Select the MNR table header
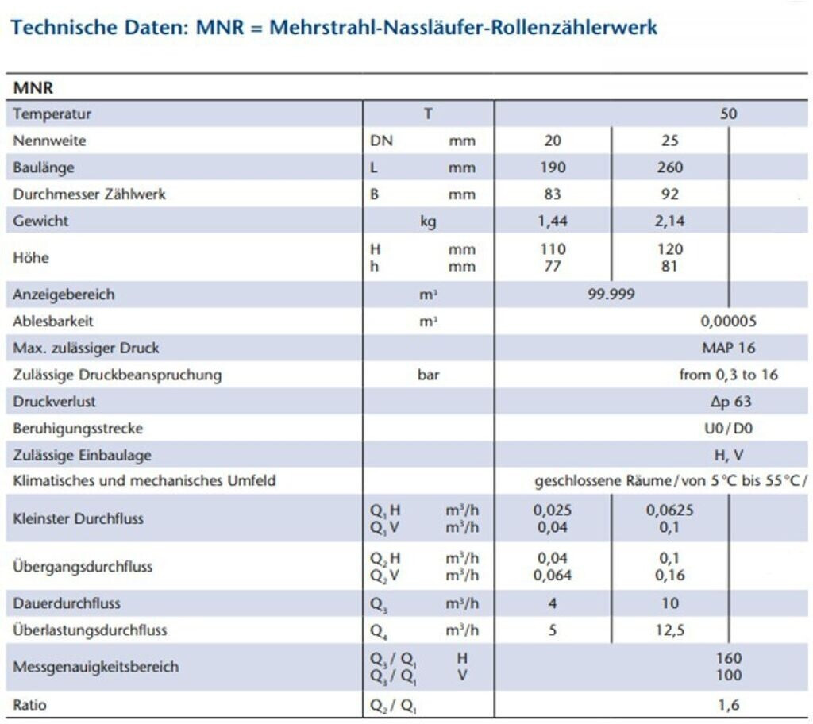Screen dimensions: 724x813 pyautogui.click(x=33, y=87)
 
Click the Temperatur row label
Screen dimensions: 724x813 pyautogui.click(x=52, y=114)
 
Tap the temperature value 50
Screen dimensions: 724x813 pyautogui.click(x=728, y=114)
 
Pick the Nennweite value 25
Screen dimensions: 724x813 pyautogui.click(x=669, y=141)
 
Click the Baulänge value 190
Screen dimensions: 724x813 pyautogui.click(x=553, y=168)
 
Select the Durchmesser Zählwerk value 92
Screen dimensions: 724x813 pyautogui.click(x=669, y=194)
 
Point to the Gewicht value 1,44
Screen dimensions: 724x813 pyautogui.click(x=553, y=221)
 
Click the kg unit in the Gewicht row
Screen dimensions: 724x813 pyautogui.click(x=428, y=221)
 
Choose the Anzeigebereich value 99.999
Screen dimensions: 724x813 pyautogui.click(x=611, y=295)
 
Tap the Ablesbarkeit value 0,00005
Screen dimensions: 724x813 pyautogui.click(x=728, y=322)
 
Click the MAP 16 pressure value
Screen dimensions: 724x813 pyautogui.click(x=728, y=348)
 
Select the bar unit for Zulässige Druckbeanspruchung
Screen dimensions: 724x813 pyautogui.click(x=428, y=375)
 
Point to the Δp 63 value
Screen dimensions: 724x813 pyautogui.click(x=730, y=402)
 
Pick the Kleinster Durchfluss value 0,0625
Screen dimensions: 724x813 pyautogui.click(x=669, y=510)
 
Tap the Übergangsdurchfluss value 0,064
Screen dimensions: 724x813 pyautogui.click(x=553, y=576)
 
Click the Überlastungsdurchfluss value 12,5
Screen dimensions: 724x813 pyautogui.click(x=669, y=630)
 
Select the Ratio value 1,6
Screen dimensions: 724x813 pyautogui.click(x=728, y=704)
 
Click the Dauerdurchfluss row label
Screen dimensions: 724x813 pyautogui.click(x=67, y=603)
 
